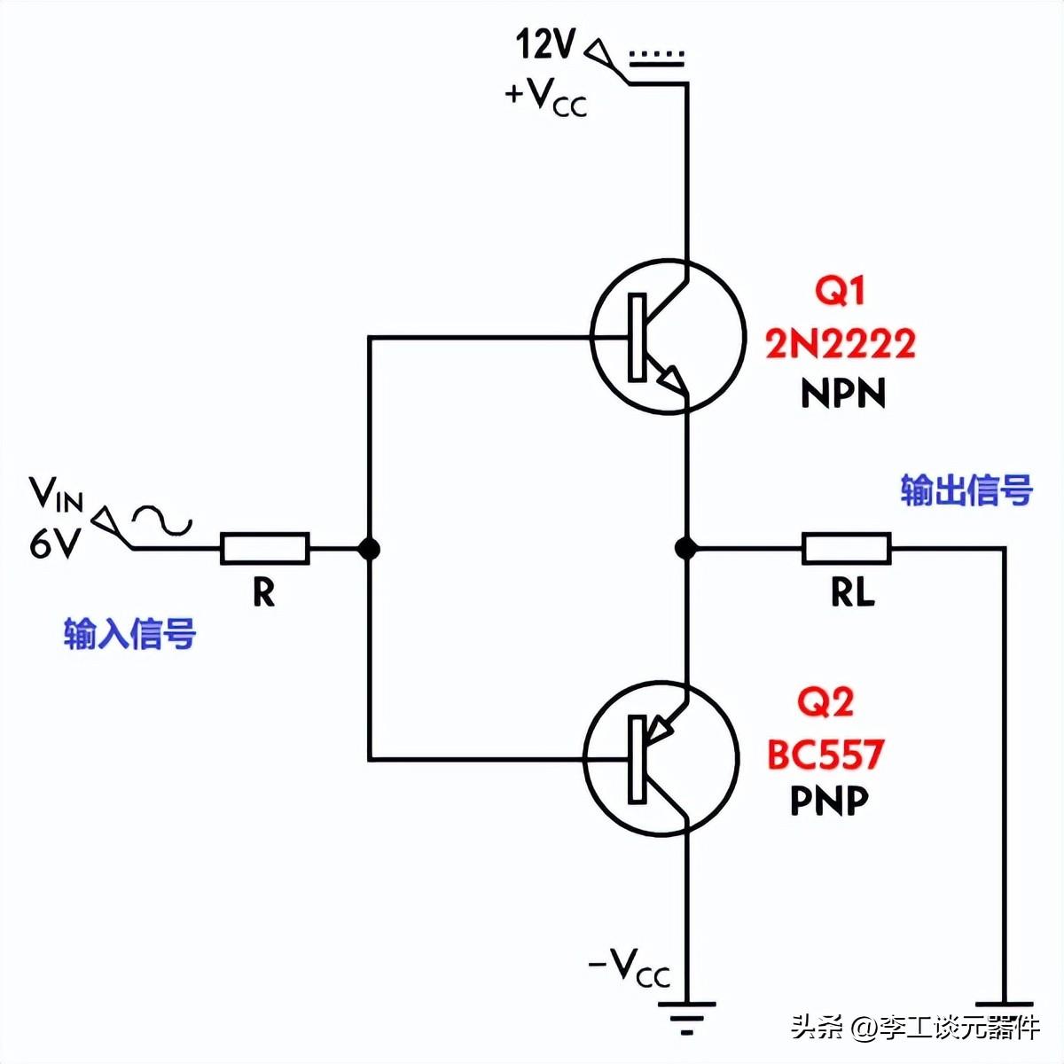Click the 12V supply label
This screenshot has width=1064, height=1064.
(x=545, y=43)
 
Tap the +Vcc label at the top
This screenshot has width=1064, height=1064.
(x=545, y=96)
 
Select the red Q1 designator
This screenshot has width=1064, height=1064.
(x=839, y=291)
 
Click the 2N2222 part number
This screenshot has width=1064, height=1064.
(x=841, y=344)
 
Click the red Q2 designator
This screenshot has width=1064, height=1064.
(x=825, y=702)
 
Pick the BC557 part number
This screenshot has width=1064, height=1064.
(x=825, y=755)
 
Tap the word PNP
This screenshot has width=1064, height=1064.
(x=829, y=802)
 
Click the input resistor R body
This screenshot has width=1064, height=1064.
(x=264, y=549)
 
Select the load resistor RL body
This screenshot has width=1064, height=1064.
(x=846, y=549)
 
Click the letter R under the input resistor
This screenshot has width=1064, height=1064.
(x=263, y=592)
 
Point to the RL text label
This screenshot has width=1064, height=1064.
(x=852, y=592)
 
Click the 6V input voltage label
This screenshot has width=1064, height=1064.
(x=55, y=544)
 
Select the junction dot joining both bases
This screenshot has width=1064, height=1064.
(x=370, y=549)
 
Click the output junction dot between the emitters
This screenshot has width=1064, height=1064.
(x=685, y=549)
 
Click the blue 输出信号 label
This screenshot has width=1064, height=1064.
(x=966, y=490)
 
